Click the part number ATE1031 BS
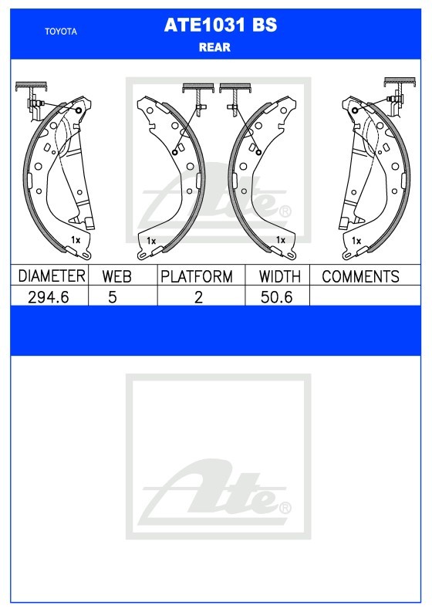(221, 25)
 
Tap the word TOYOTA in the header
(61, 32)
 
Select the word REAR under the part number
(214, 47)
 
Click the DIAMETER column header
(51, 276)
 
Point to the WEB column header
(116, 276)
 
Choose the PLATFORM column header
(197, 276)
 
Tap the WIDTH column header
(280, 276)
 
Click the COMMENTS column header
(360, 276)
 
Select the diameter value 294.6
(49, 297)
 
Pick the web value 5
(113, 297)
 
